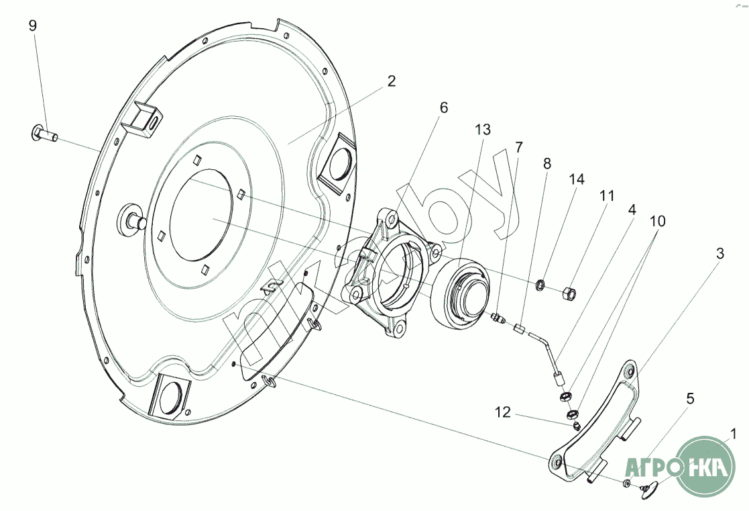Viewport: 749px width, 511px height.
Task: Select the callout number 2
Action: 392,81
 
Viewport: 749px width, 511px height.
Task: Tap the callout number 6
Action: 443,107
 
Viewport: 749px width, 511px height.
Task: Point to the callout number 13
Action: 483,130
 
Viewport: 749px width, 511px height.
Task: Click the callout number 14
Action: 577,179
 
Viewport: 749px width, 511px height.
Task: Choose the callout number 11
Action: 607,196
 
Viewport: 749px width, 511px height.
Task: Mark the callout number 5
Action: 690,399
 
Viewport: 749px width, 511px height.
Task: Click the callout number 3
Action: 719,254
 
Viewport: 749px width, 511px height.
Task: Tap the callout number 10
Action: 658,220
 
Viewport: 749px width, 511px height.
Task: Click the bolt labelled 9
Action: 43,133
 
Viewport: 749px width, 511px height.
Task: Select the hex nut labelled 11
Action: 568,292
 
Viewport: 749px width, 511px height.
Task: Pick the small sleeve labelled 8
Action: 518,328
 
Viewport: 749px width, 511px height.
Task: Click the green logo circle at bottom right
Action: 705,465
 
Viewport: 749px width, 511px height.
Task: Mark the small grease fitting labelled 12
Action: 576,426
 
